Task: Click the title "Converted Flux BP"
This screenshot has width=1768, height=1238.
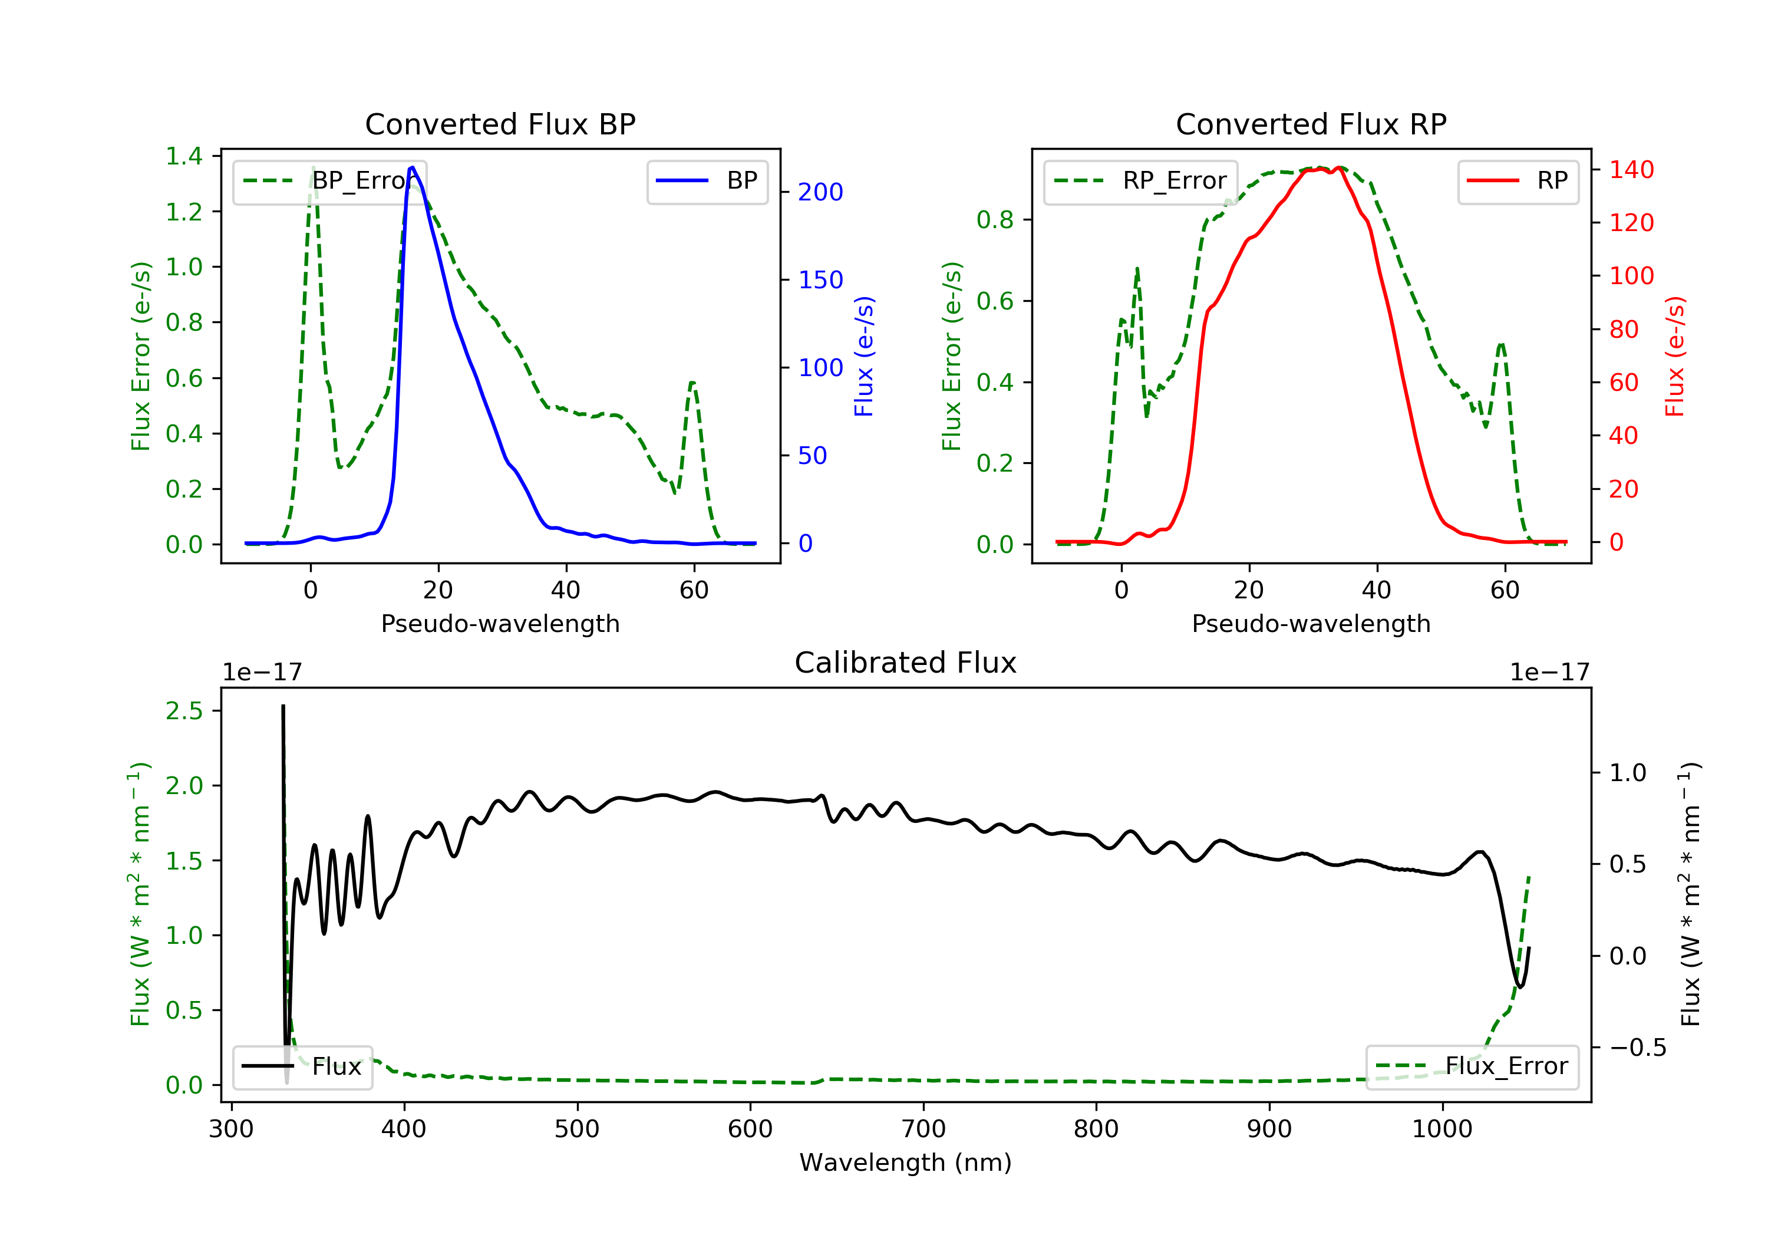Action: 500,124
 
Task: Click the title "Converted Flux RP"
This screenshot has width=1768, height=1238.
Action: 1311,124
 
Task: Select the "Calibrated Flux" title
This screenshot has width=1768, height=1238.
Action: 906,663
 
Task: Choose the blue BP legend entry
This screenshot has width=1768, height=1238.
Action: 707,181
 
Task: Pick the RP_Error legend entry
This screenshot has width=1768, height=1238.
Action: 1140,181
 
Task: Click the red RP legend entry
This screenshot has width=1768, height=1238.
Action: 1518,181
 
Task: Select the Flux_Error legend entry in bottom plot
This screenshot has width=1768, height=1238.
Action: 1472,1066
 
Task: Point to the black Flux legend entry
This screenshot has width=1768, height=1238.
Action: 302,1066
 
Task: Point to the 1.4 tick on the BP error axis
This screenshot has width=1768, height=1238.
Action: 184,156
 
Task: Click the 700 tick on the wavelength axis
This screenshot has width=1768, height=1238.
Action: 923,1130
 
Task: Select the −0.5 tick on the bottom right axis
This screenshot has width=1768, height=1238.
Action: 1637,1048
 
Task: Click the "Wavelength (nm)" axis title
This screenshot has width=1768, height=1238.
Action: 906,1163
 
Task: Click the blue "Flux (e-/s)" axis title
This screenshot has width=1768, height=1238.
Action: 863,356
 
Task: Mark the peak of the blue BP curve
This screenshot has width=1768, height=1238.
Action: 413,167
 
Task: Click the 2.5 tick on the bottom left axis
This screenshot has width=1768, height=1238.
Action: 184,711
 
